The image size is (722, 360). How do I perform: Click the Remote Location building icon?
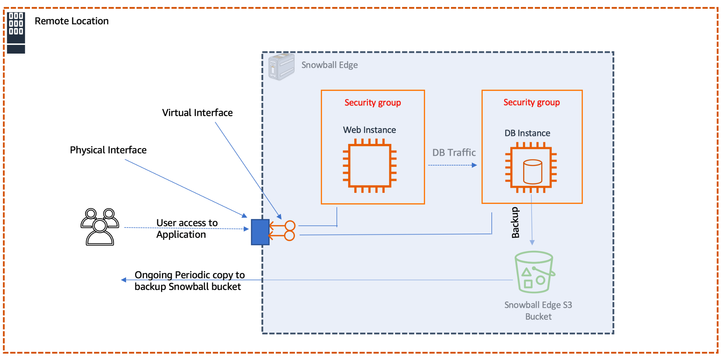pyautogui.click(x=16, y=32)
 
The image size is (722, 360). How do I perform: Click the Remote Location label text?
pyautogui.click(x=71, y=21)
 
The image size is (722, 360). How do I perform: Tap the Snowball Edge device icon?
pyautogui.click(x=281, y=66)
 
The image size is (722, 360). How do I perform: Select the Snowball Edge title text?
pyautogui.click(x=329, y=65)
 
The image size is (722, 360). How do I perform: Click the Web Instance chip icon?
pyautogui.click(x=369, y=166)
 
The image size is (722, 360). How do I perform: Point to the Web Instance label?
pyautogui.click(x=369, y=130)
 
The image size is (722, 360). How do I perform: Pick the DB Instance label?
pyautogui.click(x=527, y=133)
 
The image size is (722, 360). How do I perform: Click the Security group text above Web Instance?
pyautogui.click(x=372, y=102)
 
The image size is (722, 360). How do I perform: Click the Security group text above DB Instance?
pyautogui.click(x=532, y=102)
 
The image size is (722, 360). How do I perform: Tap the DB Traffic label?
pyautogui.click(x=454, y=153)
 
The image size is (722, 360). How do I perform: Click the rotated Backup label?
pyautogui.click(x=515, y=222)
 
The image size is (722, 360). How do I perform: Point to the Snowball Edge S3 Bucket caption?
pyautogui.click(x=538, y=310)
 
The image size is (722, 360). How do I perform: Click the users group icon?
pyautogui.click(x=100, y=227)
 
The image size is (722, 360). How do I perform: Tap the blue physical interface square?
pyautogui.click(x=260, y=232)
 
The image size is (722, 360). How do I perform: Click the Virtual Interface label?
pyautogui.click(x=197, y=113)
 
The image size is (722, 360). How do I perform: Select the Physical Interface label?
pyautogui.click(x=108, y=150)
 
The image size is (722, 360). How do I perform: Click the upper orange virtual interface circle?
pyautogui.click(x=290, y=226)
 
